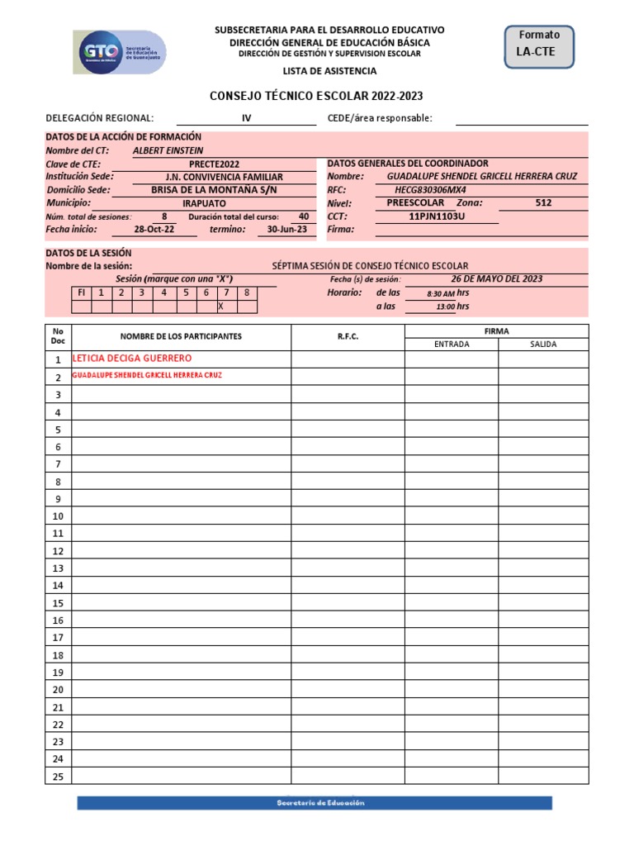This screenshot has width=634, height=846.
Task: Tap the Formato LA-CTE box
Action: [x=538, y=45]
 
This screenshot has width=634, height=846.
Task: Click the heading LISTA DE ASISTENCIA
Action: [x=329, y=72]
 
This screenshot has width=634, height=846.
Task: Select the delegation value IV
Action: [x=246, y=118]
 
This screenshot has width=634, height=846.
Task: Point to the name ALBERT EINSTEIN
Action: [x=168, y=151]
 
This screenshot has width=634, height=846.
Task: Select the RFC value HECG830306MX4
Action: [x=436, y=190]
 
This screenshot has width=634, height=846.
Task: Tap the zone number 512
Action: [x=543, y=202]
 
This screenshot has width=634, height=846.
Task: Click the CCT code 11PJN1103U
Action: [x=437, y=216]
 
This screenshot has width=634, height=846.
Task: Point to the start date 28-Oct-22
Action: [x=154, y=230]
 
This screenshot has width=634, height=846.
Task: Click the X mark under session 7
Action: [x=220, y=307]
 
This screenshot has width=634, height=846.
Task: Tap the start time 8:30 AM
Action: [x=441, y=293]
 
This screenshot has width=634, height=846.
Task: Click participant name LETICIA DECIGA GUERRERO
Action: [x=132, y=359]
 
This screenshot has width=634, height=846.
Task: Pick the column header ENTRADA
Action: [x=451, y=344]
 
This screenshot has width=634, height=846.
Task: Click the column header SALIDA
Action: [x=543, y=344]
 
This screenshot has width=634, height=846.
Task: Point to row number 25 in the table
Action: [x=58, y=776]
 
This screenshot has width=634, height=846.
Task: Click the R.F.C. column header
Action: [x=348, y=337]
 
